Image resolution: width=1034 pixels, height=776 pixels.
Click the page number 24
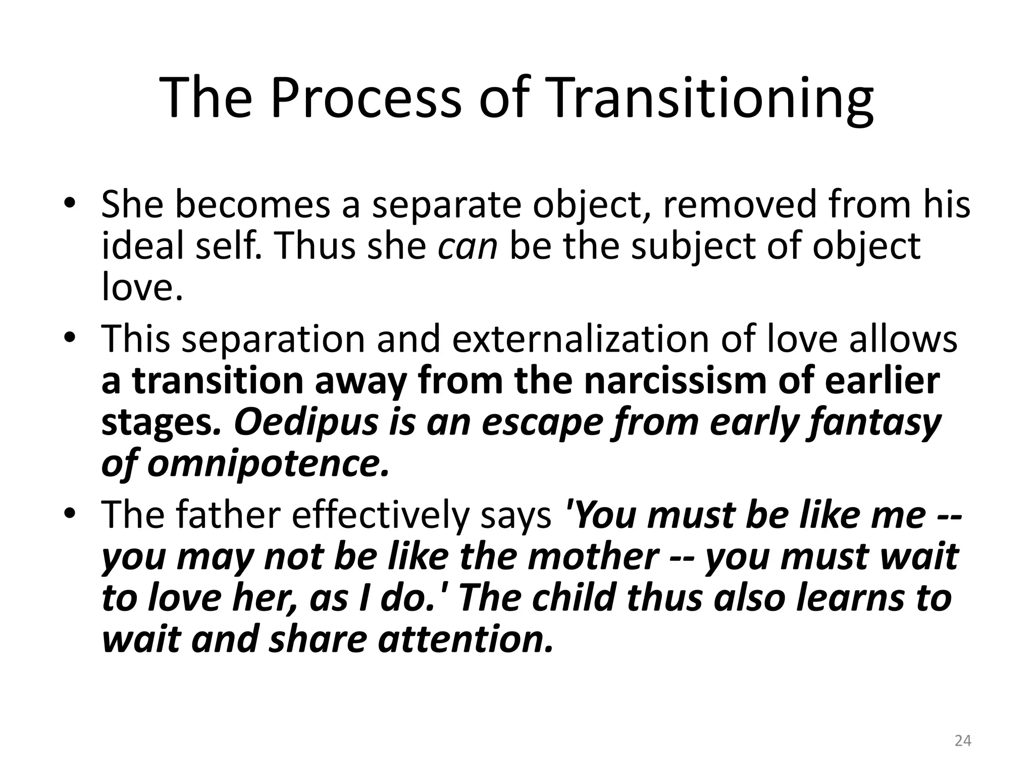963,741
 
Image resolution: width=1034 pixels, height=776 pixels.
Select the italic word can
468,247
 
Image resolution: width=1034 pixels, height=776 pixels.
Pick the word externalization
580,339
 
